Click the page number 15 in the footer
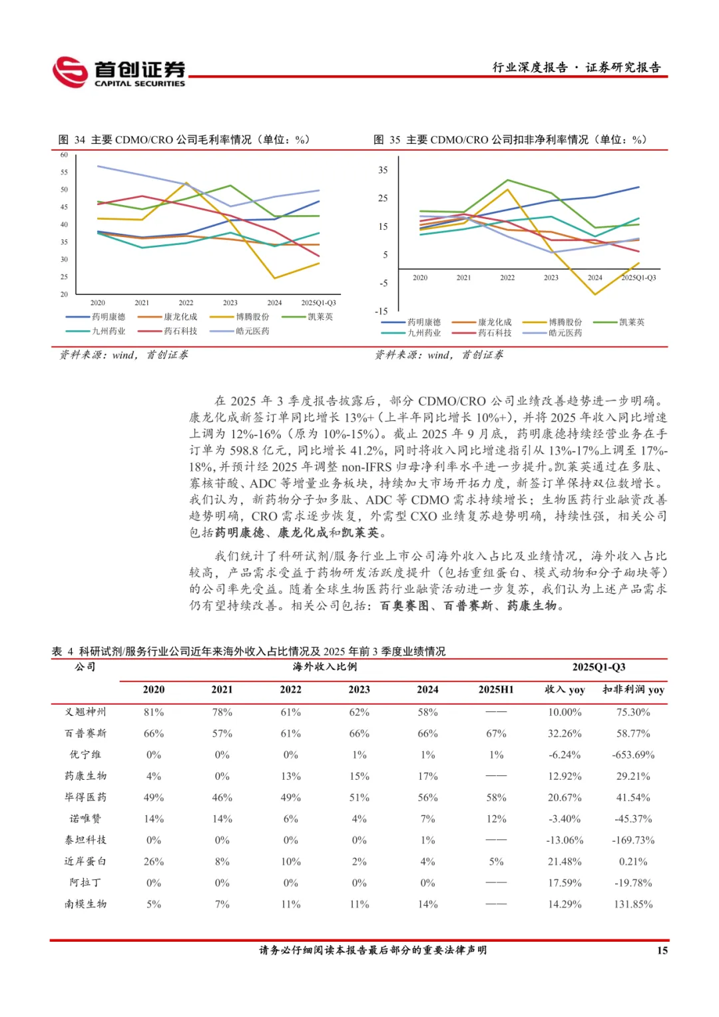click(x=662, y=950)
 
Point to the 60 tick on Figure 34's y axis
click(x=64, y=155)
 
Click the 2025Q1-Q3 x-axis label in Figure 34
click(x=318, y=303)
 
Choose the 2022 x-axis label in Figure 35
click(x=507, y=278)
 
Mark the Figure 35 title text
click(x=510, y=140)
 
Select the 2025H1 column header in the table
click(x=496, y=690)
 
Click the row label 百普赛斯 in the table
click(x=85, y=733)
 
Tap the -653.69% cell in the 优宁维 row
click(x=633, y=755)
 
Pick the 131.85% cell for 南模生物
click(x=633, y=904)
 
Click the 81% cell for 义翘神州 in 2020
click(x=154, y=712)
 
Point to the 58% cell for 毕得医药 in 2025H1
click(x=496, y=797)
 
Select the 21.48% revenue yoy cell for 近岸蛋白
click(x=565, y=861)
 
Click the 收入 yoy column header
click(x=565, y=690)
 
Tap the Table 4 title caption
click(x=249, y=651)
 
